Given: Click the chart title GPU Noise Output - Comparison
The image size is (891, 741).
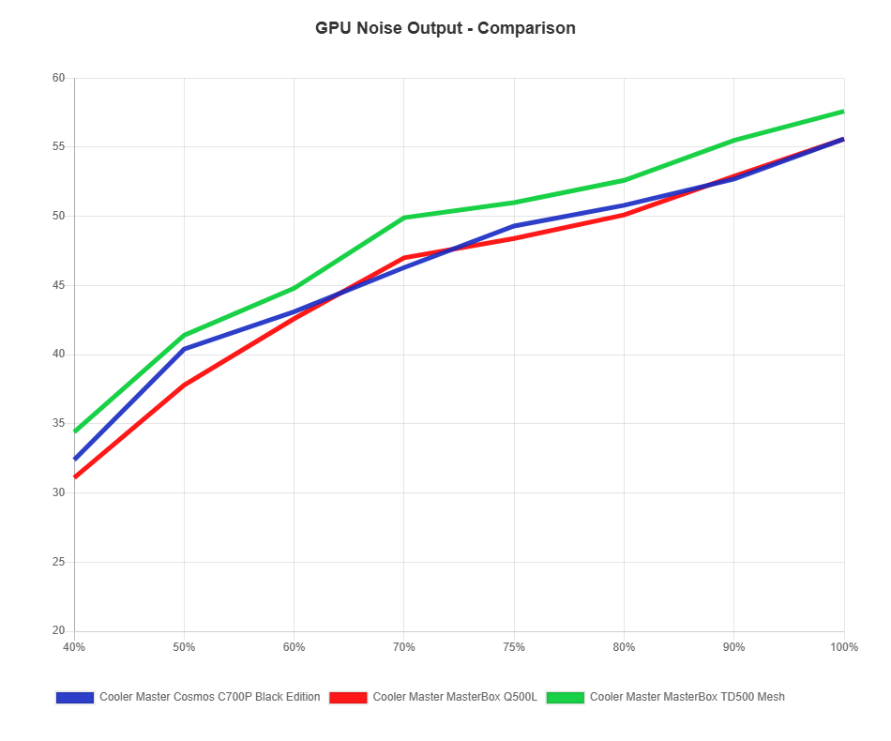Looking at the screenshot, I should [x=445, y=28].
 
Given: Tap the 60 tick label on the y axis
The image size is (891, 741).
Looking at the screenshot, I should [x=58, y=78].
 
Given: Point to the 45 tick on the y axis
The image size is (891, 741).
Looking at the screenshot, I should [x=58, y=285].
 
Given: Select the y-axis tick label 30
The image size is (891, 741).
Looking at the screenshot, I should [x=58, y=492].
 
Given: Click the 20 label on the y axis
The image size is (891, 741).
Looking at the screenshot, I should [x=58, y=630].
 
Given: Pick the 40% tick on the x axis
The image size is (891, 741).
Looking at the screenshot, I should [x=74, y=647].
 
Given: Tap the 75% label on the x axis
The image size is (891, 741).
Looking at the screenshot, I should [x=514, y=647].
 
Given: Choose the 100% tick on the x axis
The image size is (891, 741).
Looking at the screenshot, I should [x=843, y=647].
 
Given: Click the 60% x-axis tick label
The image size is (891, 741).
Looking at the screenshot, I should [x=294, y=647].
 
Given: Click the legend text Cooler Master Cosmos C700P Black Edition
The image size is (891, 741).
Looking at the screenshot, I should [x=209, y=697].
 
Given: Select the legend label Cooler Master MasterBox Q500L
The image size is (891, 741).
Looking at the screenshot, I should [x=454, y=697].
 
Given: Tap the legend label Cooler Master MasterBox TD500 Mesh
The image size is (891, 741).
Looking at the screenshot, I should [x=687, y=697].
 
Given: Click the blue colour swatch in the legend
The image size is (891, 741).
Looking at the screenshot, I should [x=75, y=697].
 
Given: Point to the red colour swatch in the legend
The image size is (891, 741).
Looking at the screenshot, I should [x=348, y=697].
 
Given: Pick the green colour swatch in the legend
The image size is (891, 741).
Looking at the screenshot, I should [x=566, y=697].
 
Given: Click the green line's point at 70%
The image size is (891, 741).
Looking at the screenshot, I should [x=404, y=218].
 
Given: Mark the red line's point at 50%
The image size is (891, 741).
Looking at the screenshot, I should [x=185, y=385].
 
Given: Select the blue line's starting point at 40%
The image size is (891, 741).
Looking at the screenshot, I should [x=75, y=459].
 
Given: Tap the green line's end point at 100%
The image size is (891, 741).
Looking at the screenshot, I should [x=843, y=112].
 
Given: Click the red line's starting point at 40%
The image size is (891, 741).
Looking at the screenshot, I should [x=75, y=477].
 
